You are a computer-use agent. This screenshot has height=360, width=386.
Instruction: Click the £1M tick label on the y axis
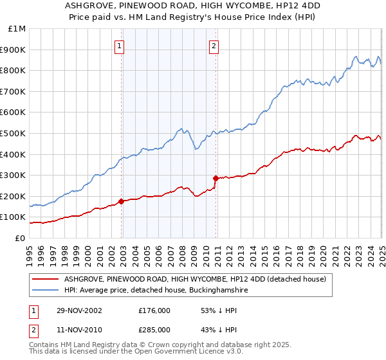[x=17, y=29]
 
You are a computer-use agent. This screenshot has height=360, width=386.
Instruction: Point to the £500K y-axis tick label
[x=14, y=133]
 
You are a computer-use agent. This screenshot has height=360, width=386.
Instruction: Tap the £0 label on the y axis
[x=21, y=238]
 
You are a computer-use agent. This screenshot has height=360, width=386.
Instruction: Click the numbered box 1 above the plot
[x=120, y=46]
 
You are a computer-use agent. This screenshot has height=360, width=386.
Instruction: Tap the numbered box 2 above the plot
[x=214, y=46]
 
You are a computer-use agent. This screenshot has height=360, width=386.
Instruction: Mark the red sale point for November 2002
[x=122, y=201]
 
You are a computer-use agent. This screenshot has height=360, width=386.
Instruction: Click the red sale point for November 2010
[x=216, y=178]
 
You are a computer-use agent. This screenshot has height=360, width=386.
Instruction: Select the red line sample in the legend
[x=45, y=279]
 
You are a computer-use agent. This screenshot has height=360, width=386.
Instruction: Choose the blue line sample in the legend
[x=45, y=291]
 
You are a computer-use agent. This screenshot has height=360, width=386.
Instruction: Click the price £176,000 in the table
[x=154, y=310]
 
